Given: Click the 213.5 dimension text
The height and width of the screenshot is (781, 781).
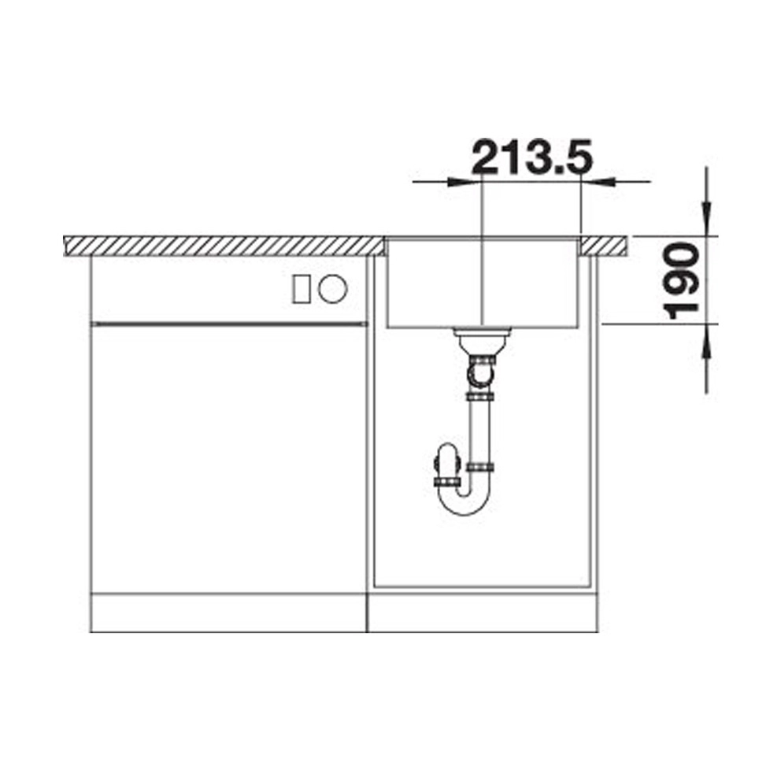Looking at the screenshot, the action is tap(531, 157).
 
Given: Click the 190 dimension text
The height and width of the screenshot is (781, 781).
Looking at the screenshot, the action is tap(682, 280).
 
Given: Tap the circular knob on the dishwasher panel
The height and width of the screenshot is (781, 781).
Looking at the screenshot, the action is tap(333, 288).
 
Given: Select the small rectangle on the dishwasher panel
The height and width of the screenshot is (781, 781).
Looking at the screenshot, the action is tap(301, 289).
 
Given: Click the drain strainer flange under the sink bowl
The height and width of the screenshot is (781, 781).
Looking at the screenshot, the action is tap(482, 330).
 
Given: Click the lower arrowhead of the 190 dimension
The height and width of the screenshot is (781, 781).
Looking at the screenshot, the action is tap(706, 341).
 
